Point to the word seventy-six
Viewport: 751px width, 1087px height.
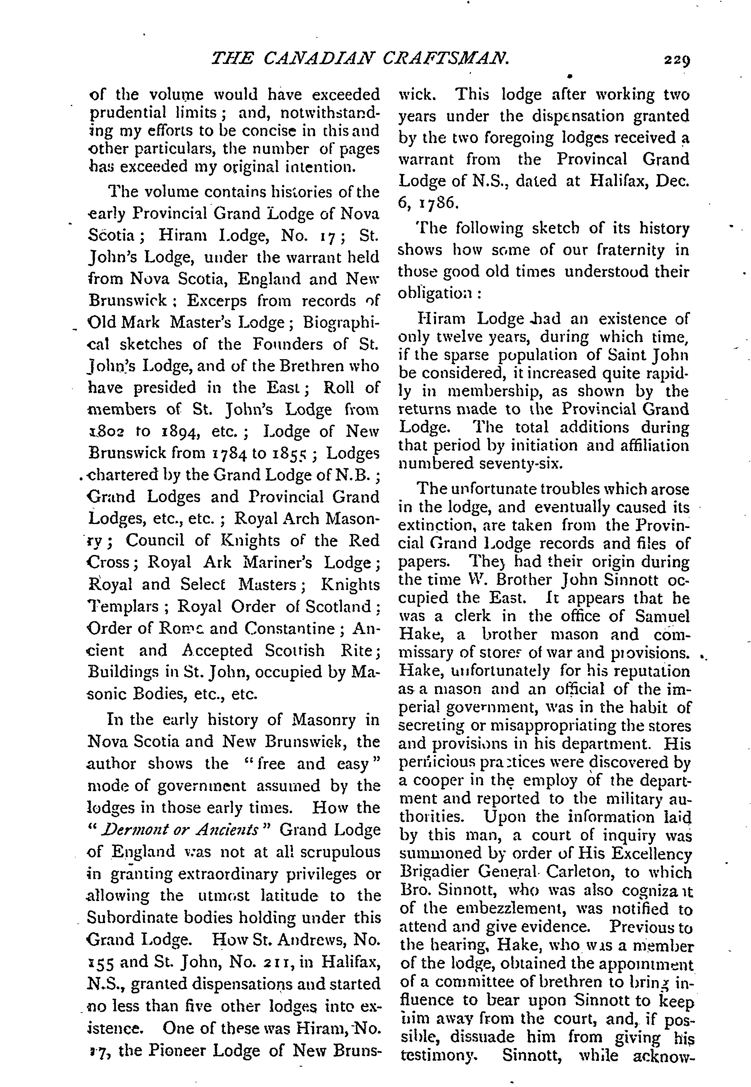point(520,464)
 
